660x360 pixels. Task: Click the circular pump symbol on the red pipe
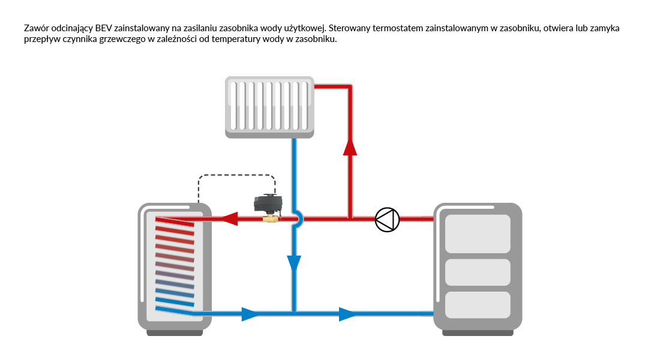[x=387, y=220]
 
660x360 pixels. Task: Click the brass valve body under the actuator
[x=269, y=220]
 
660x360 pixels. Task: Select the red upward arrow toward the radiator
[x=350, y=146]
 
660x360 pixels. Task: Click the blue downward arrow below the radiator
[x=294, y=263]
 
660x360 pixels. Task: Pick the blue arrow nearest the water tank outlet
[x=250, y=313]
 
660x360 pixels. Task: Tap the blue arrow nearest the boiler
[x=347, y=313]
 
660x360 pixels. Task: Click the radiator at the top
[x=270, y=106]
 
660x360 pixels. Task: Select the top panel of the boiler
[x=478, y=233]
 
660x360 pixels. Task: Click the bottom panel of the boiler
[x=478, y=304]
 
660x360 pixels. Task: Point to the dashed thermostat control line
[x=237, y=175]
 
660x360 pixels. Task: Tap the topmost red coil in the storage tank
[x=175, y=221]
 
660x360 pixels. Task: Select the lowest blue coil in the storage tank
[x=175, y=309]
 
